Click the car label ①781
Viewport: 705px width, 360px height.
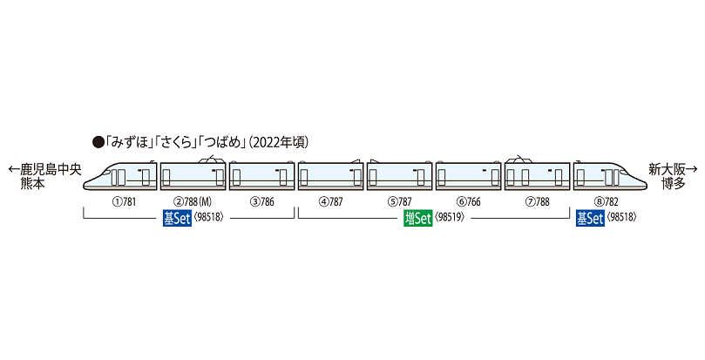[x=123, y=201]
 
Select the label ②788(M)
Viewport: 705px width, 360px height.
[x=193, y=201]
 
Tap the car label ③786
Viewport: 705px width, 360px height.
[x=261, y=201]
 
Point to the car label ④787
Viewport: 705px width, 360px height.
[x=330, y=201]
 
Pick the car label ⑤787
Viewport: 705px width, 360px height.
[x=399, y=201]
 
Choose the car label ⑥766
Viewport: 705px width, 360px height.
[x=468, y=201]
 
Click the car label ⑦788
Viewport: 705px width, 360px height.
[x=538, y=201]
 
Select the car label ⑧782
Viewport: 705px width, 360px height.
[x=606, y=201]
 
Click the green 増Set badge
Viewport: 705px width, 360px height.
[x=417, y=219]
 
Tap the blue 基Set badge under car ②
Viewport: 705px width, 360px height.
[x=177, y=219]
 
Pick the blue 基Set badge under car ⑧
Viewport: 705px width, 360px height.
[x=590, y=219]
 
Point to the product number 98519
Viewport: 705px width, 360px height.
[x=450, y=218]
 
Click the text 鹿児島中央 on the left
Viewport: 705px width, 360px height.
[x=51, y=170]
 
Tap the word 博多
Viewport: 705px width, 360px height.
[x=673, y=184]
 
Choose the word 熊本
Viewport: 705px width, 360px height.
[x=33, y=184]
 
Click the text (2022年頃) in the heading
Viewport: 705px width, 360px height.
[x=278, y=143]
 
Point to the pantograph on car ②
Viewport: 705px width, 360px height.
[x=210, y=158]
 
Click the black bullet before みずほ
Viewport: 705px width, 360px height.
[x=98, y=143]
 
